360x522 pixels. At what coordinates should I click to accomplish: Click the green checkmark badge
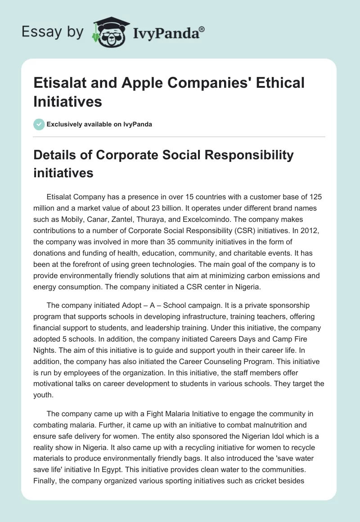tap(39, 124)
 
